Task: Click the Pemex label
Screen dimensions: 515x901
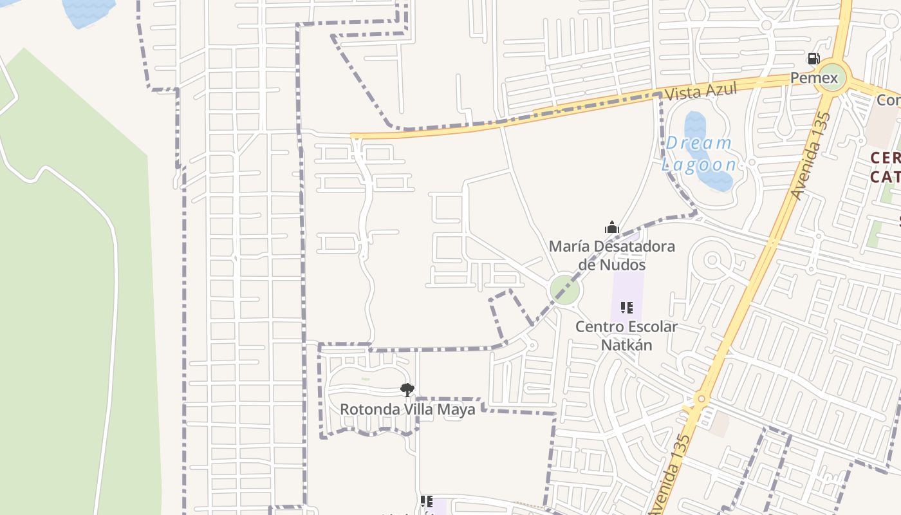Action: click(x=814, y=79)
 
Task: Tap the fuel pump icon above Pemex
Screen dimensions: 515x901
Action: click(x=813, y=59)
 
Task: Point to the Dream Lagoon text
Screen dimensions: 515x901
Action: click(x=699, y=154)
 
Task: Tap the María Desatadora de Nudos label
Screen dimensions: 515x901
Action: click(x=611, y=255)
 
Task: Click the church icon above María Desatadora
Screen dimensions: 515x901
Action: click(x=611, y=227)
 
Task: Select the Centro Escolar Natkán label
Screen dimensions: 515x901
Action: click(x=626, y=335)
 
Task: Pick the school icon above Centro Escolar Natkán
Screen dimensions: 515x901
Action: click(x=626, y=308)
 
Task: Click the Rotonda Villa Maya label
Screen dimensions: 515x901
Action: click(x=407, y=409)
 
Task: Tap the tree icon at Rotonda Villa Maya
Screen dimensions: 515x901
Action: click(x=407, y=389)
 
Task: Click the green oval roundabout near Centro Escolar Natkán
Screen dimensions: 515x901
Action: click(x=564, y=290)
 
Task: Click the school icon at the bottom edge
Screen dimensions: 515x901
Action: click(x=426, y=501)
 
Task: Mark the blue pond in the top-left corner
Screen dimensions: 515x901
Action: click(x=88, y=12)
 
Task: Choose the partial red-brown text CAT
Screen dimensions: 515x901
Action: click(x=885, y=176)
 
